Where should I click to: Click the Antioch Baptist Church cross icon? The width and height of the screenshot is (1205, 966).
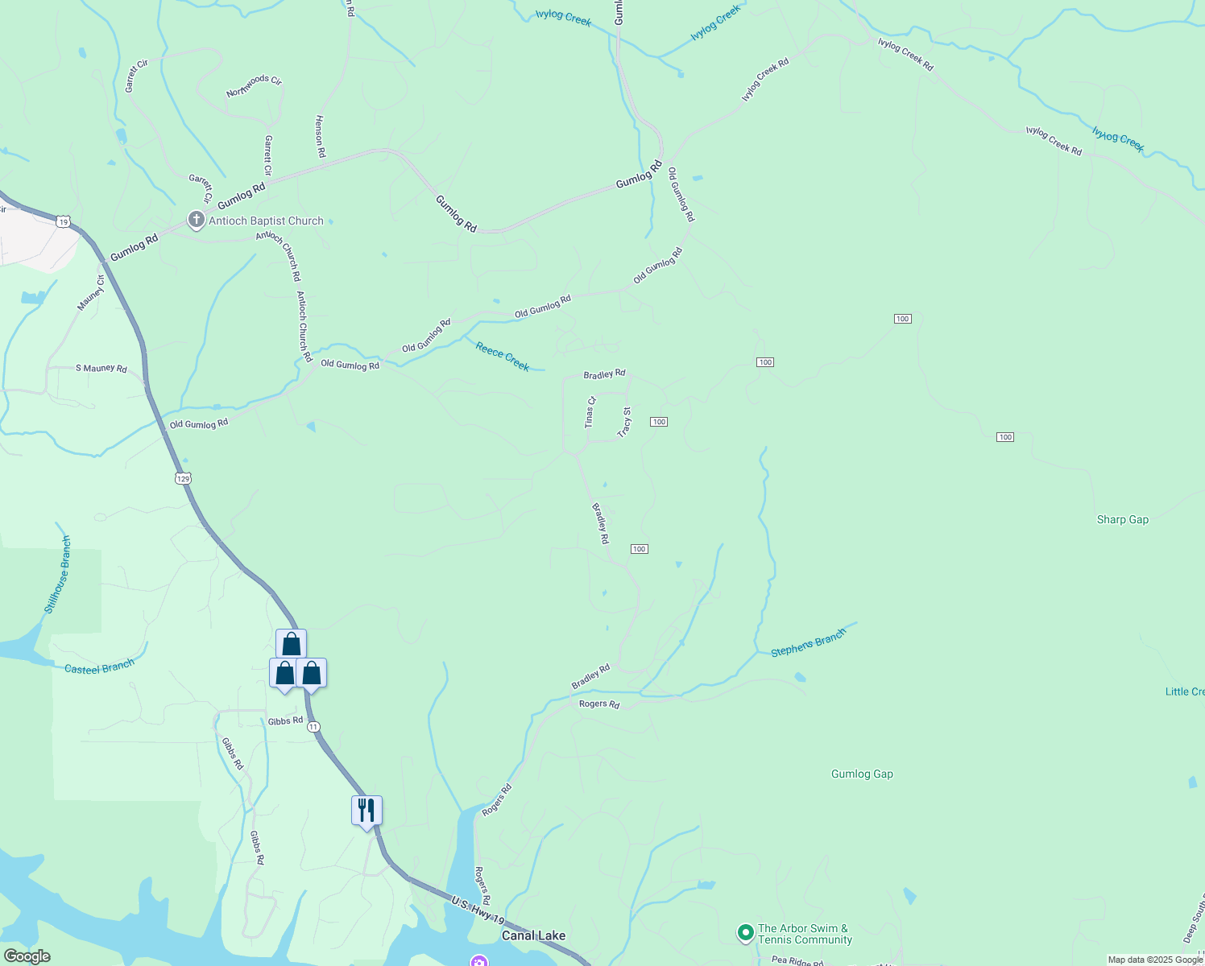196,220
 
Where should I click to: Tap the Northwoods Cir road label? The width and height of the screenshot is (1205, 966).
254,86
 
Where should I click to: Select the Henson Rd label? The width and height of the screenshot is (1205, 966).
320,135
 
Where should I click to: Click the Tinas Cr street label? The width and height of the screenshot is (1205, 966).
590,411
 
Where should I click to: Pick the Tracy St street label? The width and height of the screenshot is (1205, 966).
624,422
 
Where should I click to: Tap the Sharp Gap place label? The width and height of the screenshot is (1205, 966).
1122,520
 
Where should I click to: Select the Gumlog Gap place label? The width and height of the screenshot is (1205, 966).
862,774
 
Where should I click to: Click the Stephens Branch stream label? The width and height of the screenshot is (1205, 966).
808,642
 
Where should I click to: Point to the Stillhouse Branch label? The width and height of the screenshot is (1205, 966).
57,575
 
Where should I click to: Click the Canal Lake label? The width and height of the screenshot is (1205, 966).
533,935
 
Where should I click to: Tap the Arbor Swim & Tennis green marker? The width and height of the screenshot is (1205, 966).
746,933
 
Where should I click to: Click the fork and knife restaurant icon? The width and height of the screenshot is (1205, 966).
366,810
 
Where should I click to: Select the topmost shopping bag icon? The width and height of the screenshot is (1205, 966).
291,644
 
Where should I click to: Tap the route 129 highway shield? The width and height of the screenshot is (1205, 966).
183,478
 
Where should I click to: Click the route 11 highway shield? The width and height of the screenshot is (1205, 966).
313,727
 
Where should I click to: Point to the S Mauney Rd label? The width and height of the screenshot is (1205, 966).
101,369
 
